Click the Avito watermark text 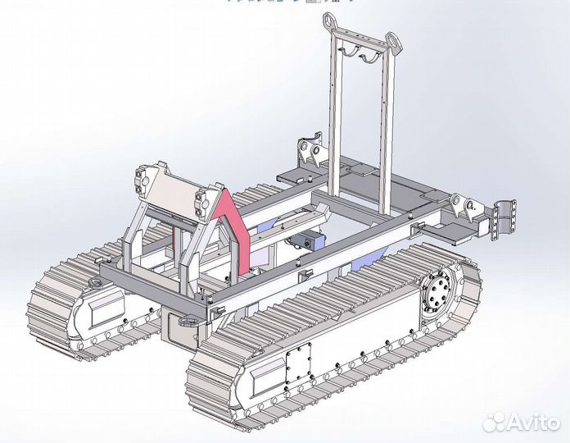[533, 422]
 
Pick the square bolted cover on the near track [299, 363]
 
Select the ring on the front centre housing [189, 322]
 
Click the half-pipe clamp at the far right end [504, 220]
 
